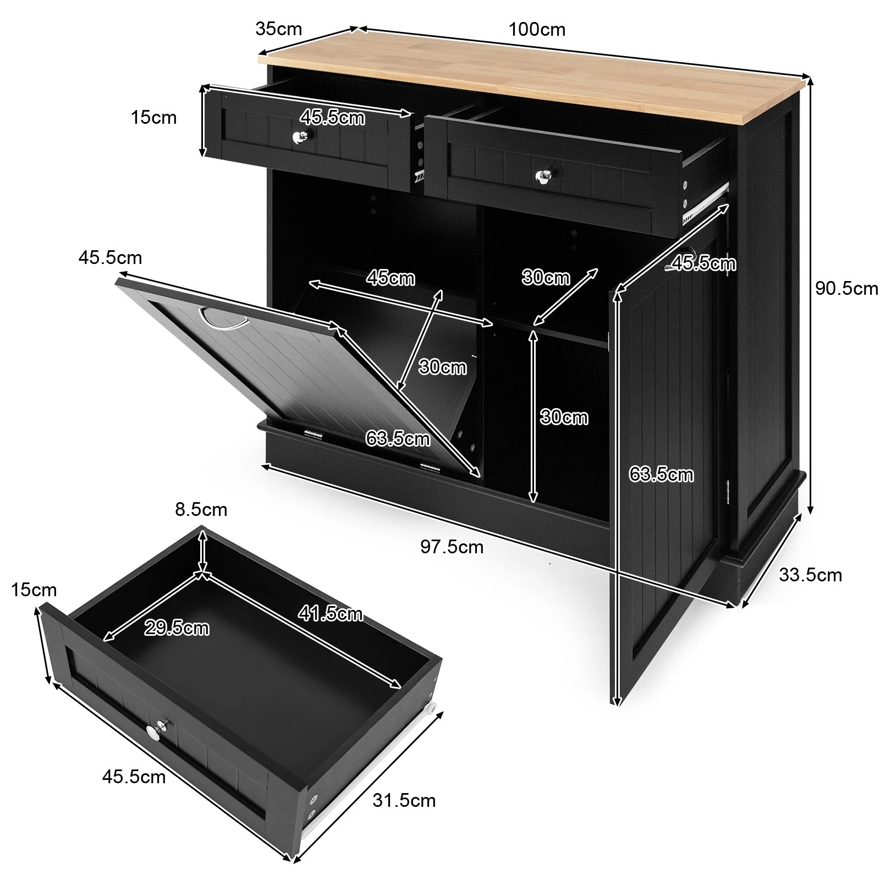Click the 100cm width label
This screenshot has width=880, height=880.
[x=536, y=29]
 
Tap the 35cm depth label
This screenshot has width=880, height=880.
[x=278, y=29]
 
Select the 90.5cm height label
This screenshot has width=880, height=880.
[x=846, y=288]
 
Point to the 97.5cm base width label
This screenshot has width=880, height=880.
[x=452, y=547]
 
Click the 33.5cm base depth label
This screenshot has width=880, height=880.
[x=810, y=575]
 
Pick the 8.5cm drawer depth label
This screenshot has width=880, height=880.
[x=201, y=510]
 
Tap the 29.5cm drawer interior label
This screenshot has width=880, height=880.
[x=177, y=628]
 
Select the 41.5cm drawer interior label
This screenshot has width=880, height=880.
[x=330, y=613]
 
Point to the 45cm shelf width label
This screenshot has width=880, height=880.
[x=391, y=278]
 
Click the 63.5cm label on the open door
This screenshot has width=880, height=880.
[x=661, y=474]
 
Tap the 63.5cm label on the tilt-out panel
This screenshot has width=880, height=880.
[x=398, y=438]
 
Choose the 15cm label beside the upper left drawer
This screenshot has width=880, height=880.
[x=153, y=117]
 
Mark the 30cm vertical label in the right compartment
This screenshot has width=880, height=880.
[x=564, y=417]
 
